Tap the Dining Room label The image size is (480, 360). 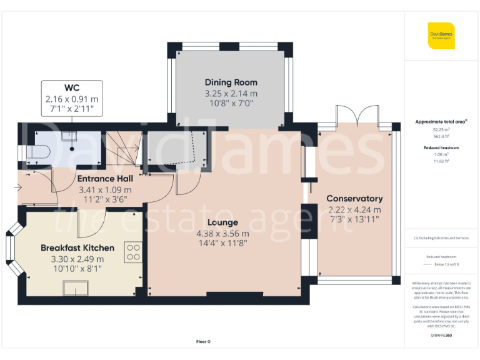click(231, 82)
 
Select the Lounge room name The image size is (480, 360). click(223, 222)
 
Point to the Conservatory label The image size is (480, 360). click(354, 199)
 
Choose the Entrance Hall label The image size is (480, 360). click(104, 179)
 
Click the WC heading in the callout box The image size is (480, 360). click(71, 87)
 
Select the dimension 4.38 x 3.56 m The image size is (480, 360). click(223, 234)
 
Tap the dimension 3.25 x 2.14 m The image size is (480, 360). click(231, 94)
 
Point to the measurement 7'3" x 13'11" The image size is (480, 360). click(354, 221)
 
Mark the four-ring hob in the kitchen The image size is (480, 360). click(134, 252)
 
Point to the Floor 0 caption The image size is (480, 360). click(203, 341)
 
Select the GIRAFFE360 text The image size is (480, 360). click(441, 336)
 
